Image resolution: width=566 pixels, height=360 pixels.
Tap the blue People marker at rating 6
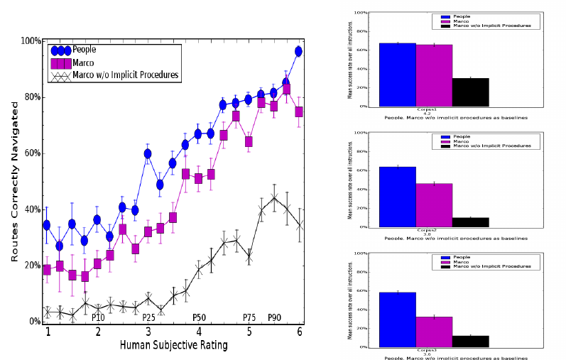tap(299, 51)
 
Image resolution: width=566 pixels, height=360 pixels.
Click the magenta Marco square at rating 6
tap(299, 111)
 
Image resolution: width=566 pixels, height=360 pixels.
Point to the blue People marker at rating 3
tap(148, 153)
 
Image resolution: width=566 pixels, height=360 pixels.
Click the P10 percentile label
tap(98, 317)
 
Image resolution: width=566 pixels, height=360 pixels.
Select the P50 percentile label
tap(199, 317)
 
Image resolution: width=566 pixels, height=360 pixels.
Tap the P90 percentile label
tap(275, 317)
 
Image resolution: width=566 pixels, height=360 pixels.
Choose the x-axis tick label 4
tap(199, 332)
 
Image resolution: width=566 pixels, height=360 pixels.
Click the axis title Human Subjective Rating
tap(175, 346)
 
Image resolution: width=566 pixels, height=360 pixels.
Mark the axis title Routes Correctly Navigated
tap(15, 182)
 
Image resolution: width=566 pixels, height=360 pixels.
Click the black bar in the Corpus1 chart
tap(470, 92)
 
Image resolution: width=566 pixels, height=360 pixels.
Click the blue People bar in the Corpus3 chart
tap(397, 320)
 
